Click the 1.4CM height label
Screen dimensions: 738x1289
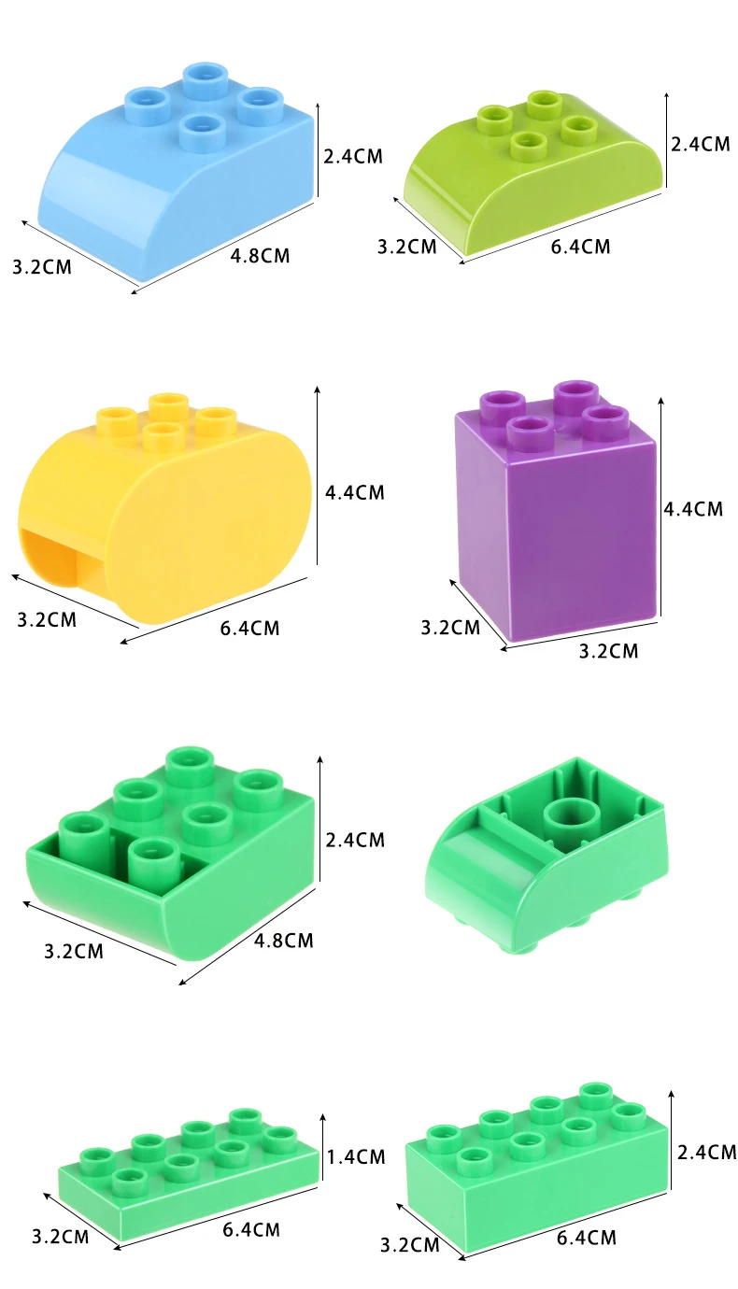coord(356,1156)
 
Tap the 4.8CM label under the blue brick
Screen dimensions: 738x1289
coord(260,256)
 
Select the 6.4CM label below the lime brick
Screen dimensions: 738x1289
coord(580,247)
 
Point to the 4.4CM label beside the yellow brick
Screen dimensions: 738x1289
coord(355,492)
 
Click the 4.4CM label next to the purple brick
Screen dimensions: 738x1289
coord(693,509)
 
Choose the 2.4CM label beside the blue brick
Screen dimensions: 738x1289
coord(353,156)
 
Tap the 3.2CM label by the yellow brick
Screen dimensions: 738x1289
coord(47,620)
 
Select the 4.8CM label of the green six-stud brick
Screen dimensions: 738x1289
coord(284,941)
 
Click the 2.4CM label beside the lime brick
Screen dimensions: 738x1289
coord(700,143)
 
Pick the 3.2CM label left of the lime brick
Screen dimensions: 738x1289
coord(407,247)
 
